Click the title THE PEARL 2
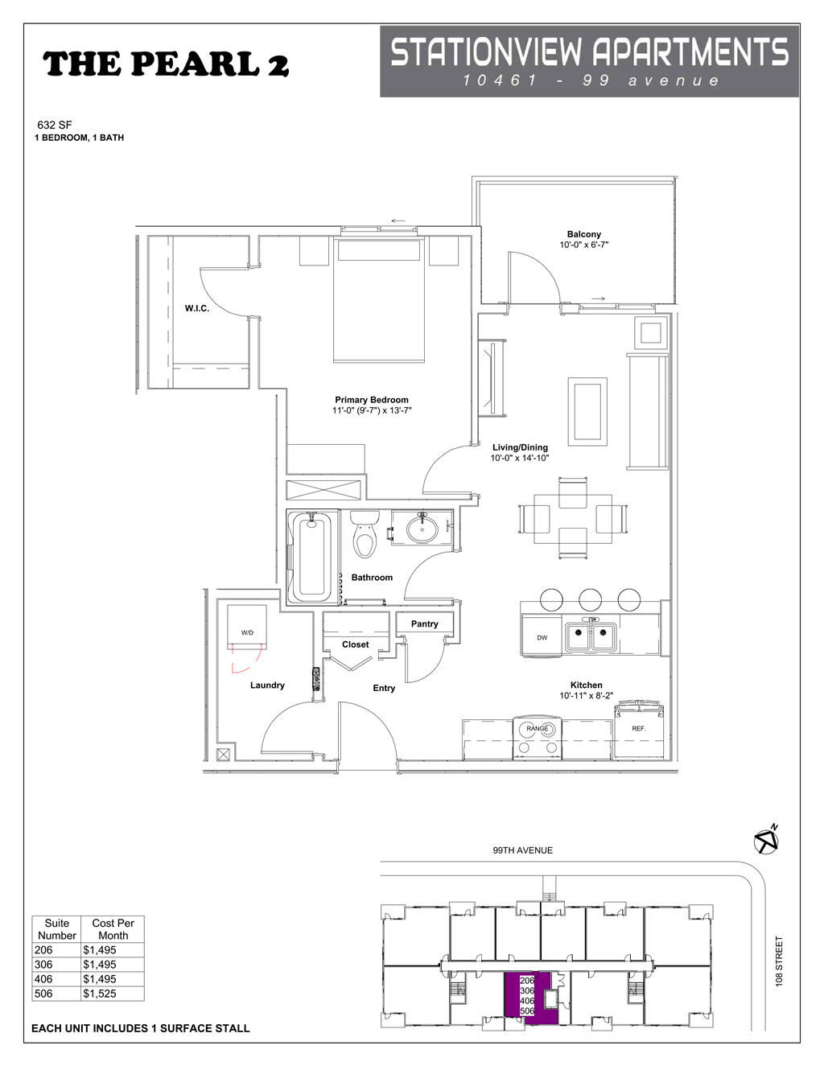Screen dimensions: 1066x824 point(166,64)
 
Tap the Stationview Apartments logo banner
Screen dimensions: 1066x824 point(589,61)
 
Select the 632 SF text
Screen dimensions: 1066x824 point(55,125)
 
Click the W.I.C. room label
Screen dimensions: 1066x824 point(197,308)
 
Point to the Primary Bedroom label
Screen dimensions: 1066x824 point(372,400)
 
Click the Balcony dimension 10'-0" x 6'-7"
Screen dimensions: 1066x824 point(583,245)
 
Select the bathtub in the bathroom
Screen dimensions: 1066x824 point(311,556)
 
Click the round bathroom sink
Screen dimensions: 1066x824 point(422,529)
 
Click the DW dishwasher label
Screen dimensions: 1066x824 point(542,637)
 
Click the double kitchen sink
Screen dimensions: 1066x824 point(591,636)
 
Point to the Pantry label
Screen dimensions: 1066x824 point(425,624)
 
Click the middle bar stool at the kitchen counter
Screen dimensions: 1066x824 point(590,599)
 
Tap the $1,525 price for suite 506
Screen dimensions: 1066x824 point(100,994)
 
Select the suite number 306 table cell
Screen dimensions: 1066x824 point(43,965)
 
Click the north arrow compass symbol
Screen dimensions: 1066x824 point(766,841)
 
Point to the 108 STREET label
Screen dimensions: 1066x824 point(779,961)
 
